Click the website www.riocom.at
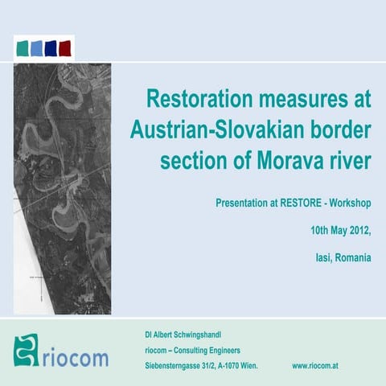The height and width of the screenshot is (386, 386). [x=319, y=365]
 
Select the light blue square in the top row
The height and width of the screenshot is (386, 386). [x=37, y=47]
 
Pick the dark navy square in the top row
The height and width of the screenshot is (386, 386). [x=51, y=47]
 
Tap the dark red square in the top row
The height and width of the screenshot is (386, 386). [x=65, y=47]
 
